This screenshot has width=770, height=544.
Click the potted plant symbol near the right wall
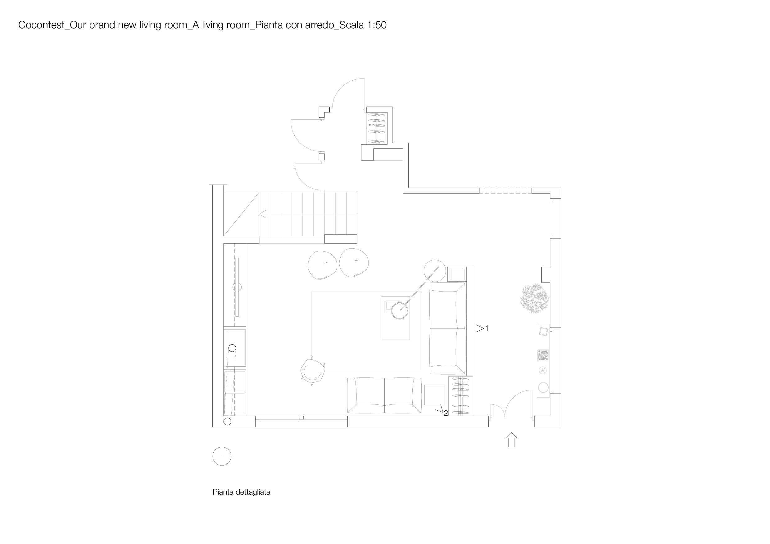pos(534,298)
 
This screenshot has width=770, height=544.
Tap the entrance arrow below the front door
pos(511,440)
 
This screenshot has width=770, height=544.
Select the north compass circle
pos(222,456)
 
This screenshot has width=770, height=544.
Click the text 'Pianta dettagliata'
pos(242,492)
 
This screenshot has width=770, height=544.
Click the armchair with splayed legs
pos(313,371)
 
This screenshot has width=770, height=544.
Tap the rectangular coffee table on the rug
pos(395,318)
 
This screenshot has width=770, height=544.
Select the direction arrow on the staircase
pos(263,214)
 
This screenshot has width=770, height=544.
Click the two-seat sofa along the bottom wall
pos(384,395)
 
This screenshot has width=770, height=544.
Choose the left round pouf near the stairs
pos(322,265)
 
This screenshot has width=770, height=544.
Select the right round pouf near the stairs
pos(354,263)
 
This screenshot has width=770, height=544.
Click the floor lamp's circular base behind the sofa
pos(435,271)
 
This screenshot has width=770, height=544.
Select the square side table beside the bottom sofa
pos(435,395)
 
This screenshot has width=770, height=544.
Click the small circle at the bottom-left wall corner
pos(227,422)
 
